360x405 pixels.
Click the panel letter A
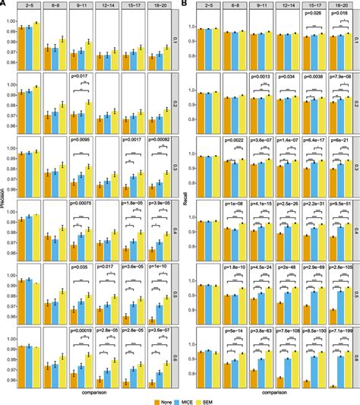(3, 4)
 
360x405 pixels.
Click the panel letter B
(185, 4)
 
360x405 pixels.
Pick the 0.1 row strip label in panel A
(174, 39)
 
